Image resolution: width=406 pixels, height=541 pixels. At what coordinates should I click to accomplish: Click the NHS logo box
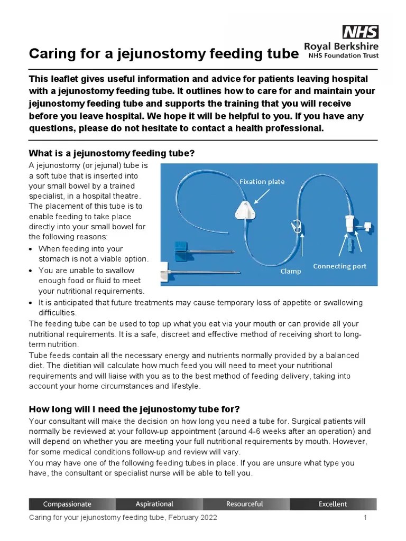[361, 32]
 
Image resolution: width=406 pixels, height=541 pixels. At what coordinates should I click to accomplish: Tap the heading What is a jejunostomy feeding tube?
[112, 153]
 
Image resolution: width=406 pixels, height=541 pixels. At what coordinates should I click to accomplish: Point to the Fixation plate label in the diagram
[262, 182]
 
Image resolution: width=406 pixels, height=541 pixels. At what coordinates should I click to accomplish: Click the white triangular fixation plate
[244, 210]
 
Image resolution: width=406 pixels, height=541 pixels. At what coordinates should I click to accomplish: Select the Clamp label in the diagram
[291, 271]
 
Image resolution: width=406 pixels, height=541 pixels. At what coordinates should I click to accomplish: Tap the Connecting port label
[339, 266]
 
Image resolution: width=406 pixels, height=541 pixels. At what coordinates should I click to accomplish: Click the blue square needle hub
[181, 246]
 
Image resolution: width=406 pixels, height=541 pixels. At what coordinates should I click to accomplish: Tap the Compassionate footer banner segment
[67, 504]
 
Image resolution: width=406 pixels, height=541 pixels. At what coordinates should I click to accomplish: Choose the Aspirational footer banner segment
[154, 504]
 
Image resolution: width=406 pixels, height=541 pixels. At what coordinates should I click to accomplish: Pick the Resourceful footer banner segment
[244, 504]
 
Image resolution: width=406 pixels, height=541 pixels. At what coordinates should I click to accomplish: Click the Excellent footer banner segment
[333, 504]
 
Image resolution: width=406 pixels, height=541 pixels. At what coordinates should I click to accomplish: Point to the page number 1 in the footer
[365, 518]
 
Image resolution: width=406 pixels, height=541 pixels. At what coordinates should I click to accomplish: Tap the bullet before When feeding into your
[32, 249]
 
